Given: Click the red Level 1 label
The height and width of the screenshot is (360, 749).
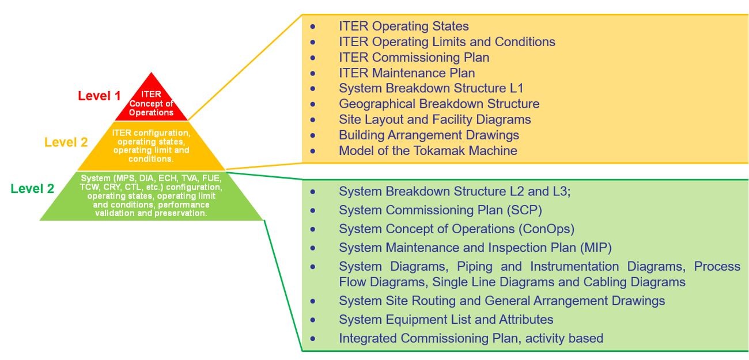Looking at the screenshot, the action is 99,96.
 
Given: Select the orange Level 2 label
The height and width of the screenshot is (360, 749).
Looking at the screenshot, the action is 66,142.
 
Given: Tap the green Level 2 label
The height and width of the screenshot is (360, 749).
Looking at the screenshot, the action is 32,188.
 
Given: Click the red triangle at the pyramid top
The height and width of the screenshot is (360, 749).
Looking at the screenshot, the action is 151,98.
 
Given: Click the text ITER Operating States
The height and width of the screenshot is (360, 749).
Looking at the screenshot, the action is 403,26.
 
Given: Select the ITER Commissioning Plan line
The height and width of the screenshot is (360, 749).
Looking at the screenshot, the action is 414,57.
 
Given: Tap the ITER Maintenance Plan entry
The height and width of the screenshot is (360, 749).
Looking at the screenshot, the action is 407,73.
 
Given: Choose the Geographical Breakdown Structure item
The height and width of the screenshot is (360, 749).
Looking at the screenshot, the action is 439,104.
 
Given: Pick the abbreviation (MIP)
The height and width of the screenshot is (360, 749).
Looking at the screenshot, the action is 596,248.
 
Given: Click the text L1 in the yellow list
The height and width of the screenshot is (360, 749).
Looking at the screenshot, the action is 516,88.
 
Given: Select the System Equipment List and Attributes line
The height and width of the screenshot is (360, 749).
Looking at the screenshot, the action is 446,319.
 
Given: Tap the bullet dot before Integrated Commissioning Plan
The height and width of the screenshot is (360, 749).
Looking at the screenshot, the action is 313,339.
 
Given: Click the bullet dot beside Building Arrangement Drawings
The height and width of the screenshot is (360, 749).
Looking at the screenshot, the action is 313,135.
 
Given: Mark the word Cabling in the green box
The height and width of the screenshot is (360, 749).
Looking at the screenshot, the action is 605,282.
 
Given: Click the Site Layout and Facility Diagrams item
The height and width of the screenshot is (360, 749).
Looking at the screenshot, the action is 434,119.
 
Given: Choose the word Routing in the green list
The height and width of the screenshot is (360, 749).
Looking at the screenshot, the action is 433,301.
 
